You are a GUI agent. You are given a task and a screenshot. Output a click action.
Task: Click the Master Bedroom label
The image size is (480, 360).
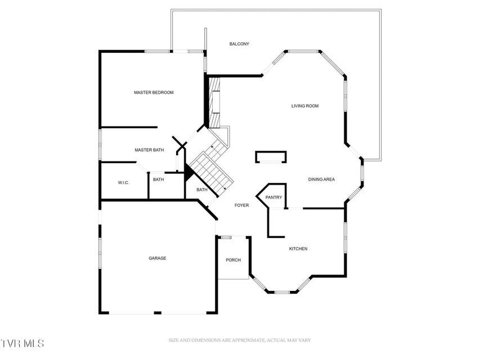coord(154,92)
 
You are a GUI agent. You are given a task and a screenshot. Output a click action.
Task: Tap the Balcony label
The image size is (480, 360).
coord(239,44)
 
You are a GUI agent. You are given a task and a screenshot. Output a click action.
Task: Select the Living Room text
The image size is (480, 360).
coord(305,106)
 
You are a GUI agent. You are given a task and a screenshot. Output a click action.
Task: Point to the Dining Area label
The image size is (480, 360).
coord(321,179)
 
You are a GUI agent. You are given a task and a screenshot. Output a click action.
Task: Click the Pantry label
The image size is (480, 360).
coord(273,197)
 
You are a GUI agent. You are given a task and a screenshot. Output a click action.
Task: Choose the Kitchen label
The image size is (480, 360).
coord(298,249)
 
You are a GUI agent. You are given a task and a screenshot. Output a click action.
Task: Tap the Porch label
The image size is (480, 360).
coord(234,260)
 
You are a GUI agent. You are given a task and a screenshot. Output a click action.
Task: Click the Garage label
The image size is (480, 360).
coord(158,258)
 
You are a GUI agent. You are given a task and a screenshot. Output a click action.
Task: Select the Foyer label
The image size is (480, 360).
coord(241,205)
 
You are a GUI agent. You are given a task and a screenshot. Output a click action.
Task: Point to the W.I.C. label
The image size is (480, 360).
coord(123,183)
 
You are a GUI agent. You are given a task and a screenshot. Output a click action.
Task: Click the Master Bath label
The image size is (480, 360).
coord(149,150)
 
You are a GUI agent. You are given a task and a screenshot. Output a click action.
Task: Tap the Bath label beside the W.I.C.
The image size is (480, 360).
coord(158,179)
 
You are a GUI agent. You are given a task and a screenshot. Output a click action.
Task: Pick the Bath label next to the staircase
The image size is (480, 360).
coord(201,190)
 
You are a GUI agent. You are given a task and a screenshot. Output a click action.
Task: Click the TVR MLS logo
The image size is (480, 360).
coord(22,343)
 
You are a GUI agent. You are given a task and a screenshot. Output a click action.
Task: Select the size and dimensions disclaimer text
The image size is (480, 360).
coord(240,340)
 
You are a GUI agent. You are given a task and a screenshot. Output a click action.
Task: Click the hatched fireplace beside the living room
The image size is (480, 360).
coord(214,102)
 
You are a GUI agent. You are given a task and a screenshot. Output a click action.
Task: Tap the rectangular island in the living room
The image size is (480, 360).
coord(271,157)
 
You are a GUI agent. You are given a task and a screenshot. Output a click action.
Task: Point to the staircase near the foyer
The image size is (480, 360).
coord(211,167)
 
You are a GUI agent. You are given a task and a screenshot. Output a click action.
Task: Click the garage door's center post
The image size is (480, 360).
coord(158,313)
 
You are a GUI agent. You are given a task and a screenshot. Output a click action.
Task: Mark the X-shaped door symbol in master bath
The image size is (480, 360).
coord(180,143)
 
